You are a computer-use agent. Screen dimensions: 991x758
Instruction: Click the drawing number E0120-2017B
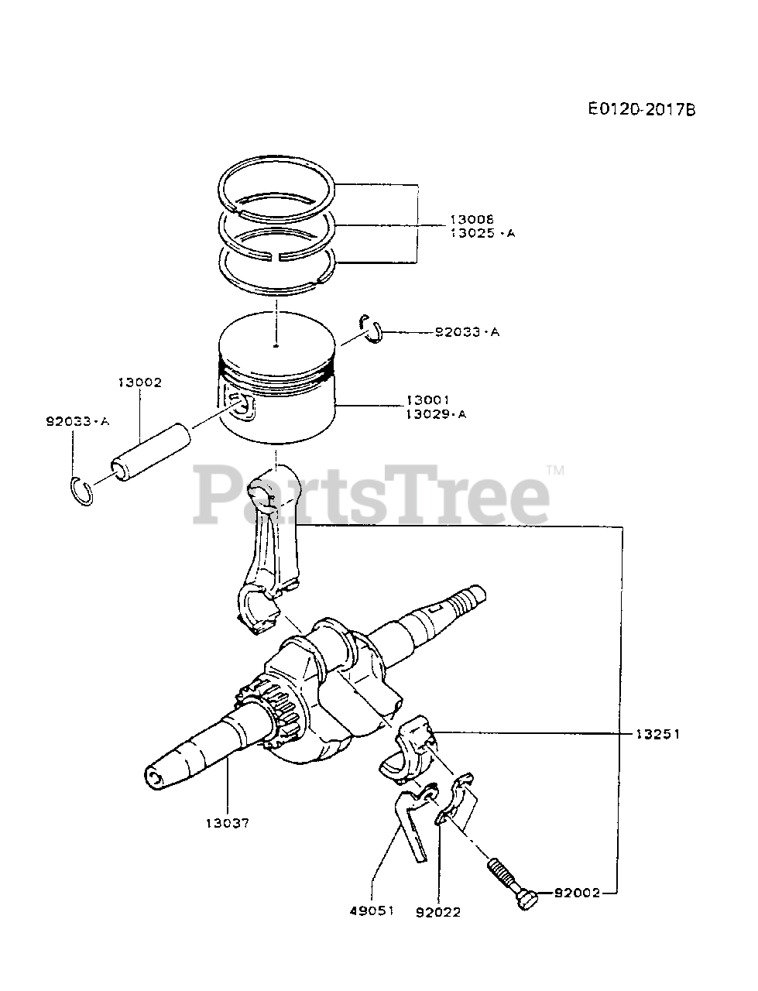coord(641,109)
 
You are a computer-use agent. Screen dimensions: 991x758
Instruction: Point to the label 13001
coord(427,400)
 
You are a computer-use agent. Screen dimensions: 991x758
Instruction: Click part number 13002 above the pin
coord(140,382)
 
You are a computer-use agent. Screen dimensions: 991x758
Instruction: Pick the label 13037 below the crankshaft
coord(228,824)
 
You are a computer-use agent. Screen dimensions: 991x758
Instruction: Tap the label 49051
coord(372,910)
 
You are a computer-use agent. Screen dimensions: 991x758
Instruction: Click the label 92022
coord(438,912)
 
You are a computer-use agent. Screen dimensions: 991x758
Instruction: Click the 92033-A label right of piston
coord(467,332)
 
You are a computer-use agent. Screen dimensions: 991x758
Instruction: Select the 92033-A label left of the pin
coord(77,421)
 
